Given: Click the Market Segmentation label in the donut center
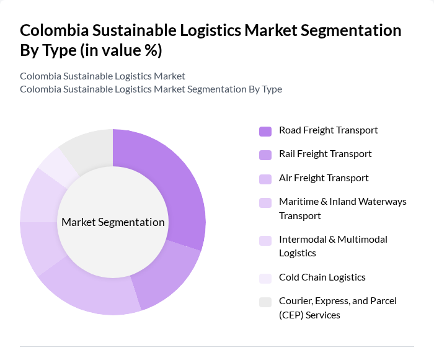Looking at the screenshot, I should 113,222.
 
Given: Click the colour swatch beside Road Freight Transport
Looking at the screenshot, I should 265,131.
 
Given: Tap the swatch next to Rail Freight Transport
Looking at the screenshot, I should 265,155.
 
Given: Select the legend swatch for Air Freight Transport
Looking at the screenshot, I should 265,179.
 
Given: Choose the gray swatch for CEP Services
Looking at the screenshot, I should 265,302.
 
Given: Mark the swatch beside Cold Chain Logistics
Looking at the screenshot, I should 265,278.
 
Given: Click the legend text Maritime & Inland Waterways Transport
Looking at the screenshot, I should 342,209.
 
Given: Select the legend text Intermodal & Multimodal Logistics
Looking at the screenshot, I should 333,246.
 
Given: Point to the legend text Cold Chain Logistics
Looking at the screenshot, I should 322,277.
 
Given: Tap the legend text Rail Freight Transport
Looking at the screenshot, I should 325,154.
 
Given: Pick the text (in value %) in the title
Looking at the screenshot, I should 121,50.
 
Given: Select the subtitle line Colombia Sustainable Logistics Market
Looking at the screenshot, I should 102,76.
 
